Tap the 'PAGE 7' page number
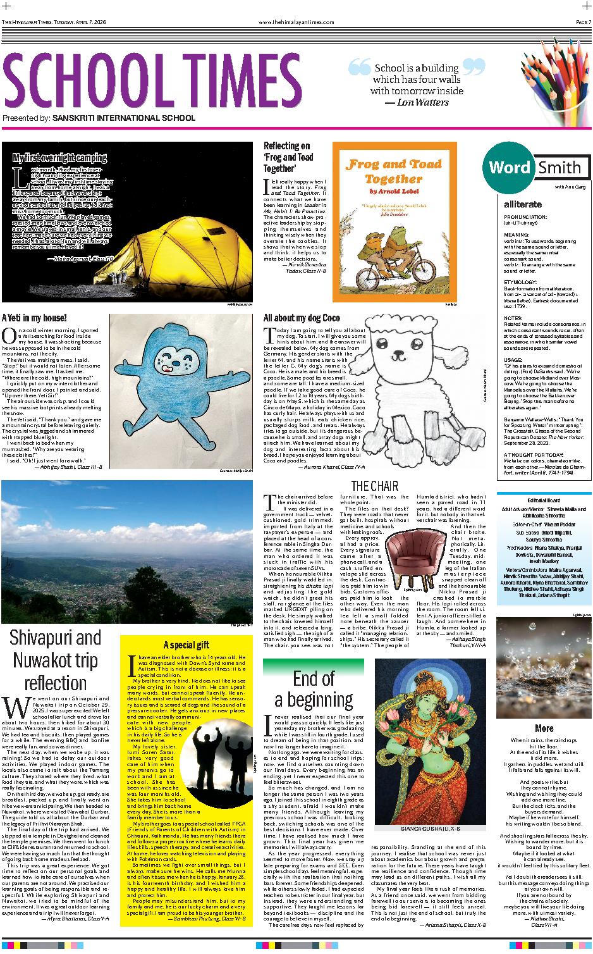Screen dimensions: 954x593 click(582, 22)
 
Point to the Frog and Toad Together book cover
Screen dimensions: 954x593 click(394, 221)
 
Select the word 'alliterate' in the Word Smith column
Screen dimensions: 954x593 click(523, 204)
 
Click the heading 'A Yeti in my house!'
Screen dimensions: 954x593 click(34, 317)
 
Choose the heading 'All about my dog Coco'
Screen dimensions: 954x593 click(302, 318)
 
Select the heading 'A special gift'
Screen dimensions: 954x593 click(186, 645)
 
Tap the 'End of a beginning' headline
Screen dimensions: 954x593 click(314, 688)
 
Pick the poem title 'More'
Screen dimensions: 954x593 click(544, 728)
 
